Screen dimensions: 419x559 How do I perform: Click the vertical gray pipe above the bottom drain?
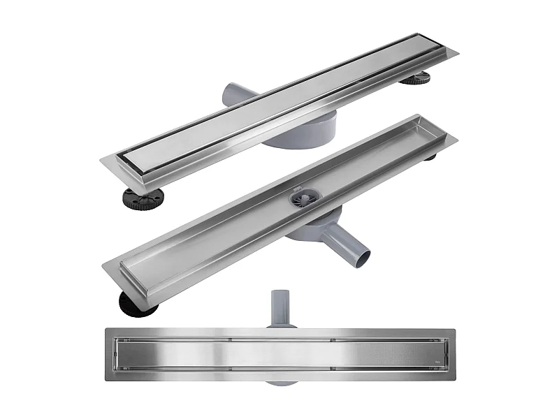tap(281, 307)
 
